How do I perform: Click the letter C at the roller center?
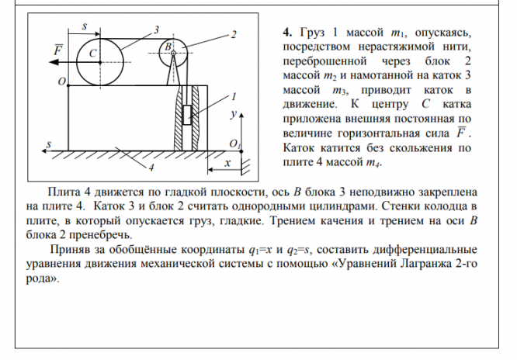(92, 54)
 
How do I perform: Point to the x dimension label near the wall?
(227, 164)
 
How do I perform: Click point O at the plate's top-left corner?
(61, 80)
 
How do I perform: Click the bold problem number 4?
(286, 33)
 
